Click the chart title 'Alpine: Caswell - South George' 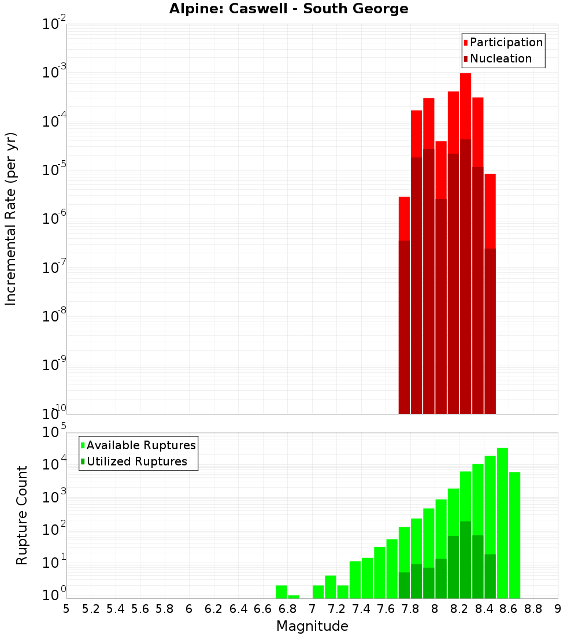click(288, 9)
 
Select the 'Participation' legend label click(506, 42)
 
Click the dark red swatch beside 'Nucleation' click(465, 58)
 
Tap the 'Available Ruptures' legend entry click(141, 445)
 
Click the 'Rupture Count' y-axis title click(22, 515)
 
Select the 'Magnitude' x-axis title click(312, 626)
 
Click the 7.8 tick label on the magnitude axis click(410, 609)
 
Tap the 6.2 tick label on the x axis click(214, 609)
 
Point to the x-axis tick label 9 click(557, 609)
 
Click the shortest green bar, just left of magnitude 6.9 click(294, 597)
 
